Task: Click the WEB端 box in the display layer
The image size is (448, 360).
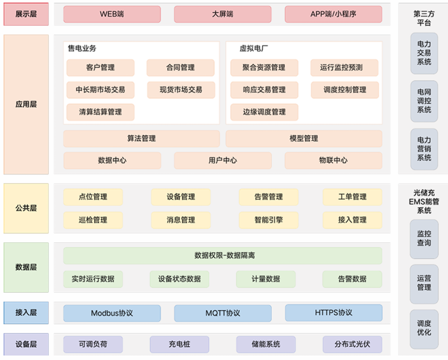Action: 112,14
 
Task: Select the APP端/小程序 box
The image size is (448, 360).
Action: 333,14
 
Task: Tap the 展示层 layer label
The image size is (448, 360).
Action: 26,14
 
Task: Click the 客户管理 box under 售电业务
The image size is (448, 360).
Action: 100,68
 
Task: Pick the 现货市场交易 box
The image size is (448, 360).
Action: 181,90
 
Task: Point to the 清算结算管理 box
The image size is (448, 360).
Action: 100,112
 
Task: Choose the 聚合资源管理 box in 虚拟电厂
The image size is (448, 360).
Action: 264,68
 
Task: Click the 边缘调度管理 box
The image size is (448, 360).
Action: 264,112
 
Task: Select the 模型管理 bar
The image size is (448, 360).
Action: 304,139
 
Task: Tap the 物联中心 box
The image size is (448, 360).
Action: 333,161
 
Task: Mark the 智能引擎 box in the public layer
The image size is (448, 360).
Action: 268,220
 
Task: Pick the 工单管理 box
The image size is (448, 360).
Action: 352,197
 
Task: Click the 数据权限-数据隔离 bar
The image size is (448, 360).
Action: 222,255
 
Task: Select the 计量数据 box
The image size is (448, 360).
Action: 265,279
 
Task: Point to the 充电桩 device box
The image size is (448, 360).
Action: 179,344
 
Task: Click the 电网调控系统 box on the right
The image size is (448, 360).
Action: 424,101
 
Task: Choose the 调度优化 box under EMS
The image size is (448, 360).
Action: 424,328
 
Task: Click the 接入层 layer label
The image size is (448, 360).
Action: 26,313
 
